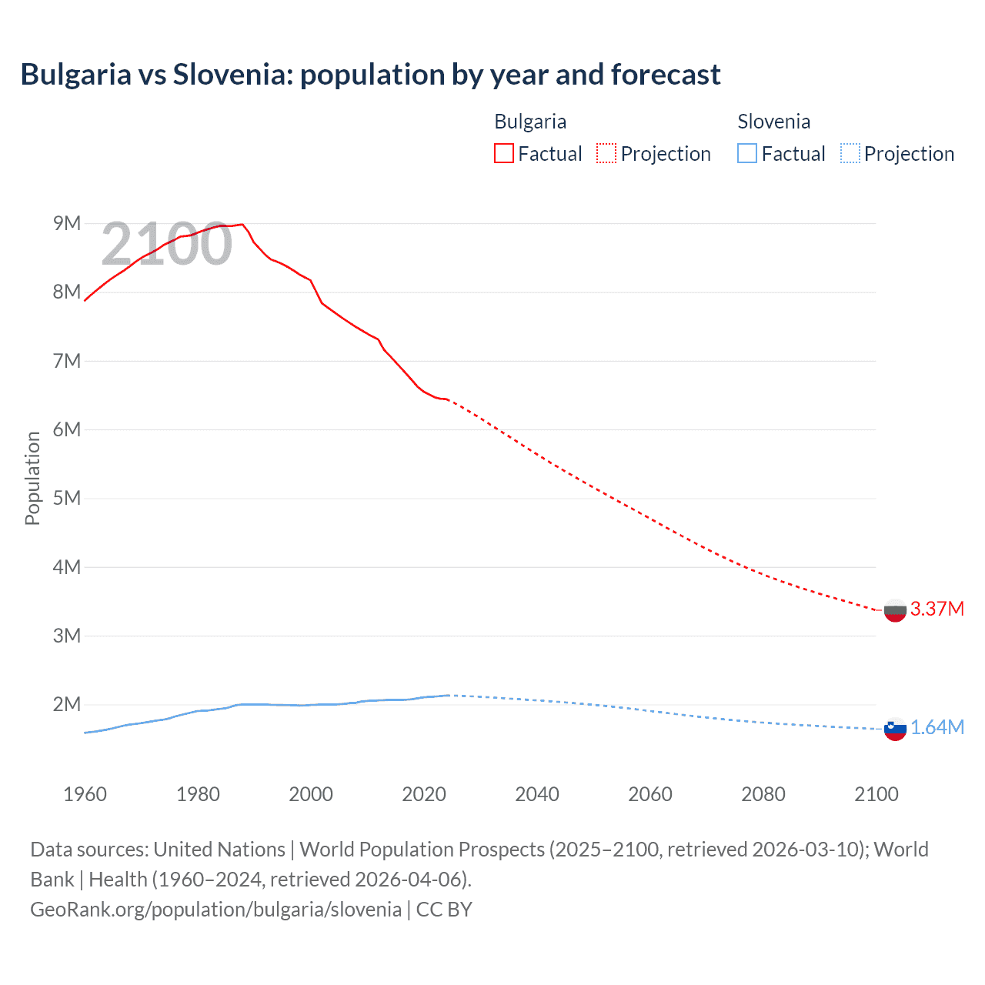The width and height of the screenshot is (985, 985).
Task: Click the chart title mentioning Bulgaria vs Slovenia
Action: (x=370, y=75)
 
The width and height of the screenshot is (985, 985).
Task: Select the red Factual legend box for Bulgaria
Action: (x=503, y=153)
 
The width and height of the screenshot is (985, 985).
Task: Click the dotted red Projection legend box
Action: (x=606, y=153)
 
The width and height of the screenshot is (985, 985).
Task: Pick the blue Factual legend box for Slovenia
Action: (x=747, y=153)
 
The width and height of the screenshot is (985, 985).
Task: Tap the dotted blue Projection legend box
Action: (x=850, y=153)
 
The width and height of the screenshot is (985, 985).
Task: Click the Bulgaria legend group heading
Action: (x=530, y=122)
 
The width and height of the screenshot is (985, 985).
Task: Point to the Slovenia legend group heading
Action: (x=773, y=122)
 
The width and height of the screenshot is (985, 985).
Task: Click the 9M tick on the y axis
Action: (x=67, y=223)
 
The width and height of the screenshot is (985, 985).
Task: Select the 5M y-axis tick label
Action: (x=67, y=498)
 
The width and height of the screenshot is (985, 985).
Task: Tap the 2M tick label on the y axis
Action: (x=67, y=704)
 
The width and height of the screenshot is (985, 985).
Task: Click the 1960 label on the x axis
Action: (x=85, y=794)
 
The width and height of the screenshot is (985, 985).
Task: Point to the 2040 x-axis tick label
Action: (x=537, y=794)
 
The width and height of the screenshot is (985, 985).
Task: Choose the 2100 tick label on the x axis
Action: (x=876, y=794)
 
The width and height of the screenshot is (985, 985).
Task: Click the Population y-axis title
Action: (x=32, y=478)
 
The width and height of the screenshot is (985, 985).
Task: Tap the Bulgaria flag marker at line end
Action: (x=895, y=610)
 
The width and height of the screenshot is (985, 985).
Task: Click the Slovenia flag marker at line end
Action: (x=895, y=729)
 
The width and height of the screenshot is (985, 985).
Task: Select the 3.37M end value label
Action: (x=937, y=609)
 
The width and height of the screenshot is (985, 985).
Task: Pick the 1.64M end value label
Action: (x=937, y=727)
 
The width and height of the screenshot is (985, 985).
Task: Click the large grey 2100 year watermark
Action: (x=166, y=244)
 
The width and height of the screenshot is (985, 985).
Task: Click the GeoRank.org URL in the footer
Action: (x=215, y=909)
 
